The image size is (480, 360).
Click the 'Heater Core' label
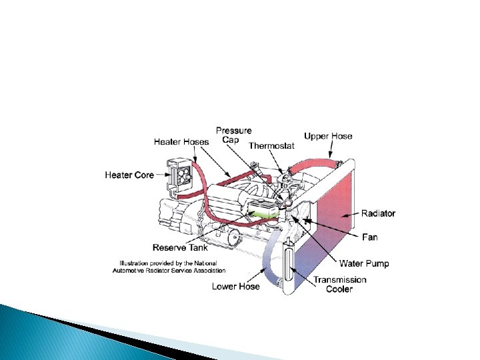[129, 175]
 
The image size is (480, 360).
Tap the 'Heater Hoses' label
[181, 141]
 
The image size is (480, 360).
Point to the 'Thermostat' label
[271, 146]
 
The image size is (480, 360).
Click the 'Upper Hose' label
[328, 136]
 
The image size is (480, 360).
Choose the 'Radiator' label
[378, 213]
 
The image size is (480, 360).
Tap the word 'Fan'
[369, 237]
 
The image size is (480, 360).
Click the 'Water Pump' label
[364, 263]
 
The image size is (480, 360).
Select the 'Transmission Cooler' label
[340, 284]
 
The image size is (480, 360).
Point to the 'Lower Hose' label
[236, 287]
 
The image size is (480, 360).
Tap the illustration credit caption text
[173, 267]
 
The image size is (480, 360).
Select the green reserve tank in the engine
[262, 212]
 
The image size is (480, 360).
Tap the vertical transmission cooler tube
[287, 265]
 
